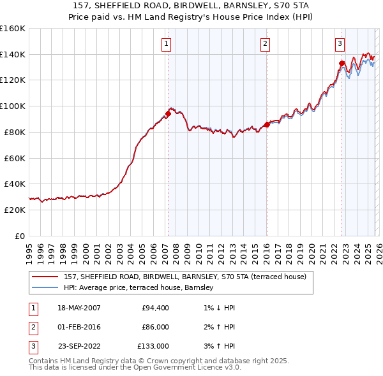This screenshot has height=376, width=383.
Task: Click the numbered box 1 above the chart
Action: click(166, 44)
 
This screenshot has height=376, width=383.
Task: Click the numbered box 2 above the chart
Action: click(264, 44)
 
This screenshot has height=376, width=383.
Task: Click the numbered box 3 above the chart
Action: click(340, 44)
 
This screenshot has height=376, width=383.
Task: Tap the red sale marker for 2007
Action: click(168, 114)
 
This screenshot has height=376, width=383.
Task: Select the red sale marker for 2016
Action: click(266, 125)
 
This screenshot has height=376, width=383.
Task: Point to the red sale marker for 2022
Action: click(342, 63)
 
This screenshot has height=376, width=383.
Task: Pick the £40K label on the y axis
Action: click(14, 184)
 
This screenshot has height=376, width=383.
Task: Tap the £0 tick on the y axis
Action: click(19, 236)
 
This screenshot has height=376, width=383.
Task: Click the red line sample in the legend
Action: click(45, 277)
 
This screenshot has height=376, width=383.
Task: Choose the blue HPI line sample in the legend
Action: click(45, 288)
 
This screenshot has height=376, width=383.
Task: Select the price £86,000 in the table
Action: click(154, 327)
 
